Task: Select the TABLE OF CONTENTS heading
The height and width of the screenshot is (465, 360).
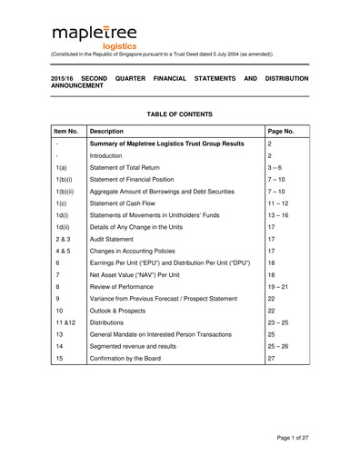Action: click(x=180, y=114)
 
